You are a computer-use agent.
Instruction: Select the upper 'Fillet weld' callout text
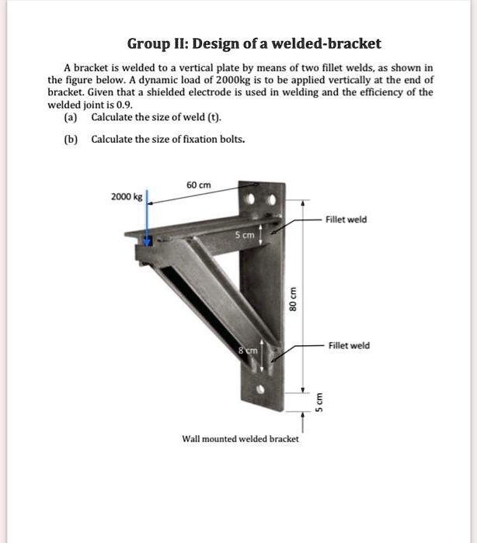click(346, 220)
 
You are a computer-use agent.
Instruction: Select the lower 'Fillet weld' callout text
click(349, 345)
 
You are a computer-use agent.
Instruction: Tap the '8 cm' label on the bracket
click(248, 351)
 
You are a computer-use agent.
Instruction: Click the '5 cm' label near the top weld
click(247, 233)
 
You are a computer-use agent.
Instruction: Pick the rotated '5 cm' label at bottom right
click(317, 402)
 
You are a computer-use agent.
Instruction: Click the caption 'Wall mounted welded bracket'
click(240, 439)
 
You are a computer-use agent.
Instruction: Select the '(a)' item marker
click(72, 117)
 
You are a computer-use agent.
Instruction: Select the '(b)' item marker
click(72, 140)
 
